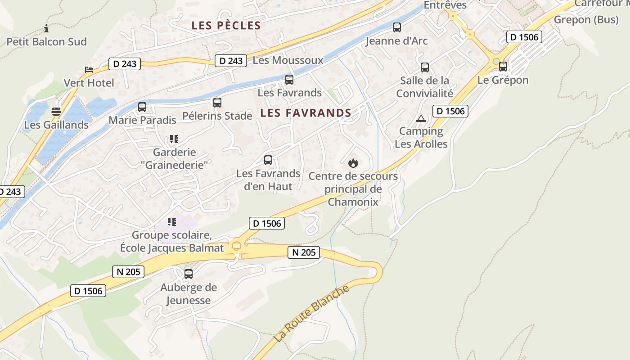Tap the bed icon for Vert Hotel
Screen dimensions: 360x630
(x=89, y=70)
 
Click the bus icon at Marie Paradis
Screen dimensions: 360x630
(x=142, y=107)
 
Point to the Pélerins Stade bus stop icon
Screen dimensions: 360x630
(x=217, y=103)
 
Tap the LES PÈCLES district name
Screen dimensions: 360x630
(x=226, y=26)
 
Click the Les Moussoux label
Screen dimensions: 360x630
(x=288, y=60)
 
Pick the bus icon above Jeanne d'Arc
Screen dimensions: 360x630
(x=397, y=27)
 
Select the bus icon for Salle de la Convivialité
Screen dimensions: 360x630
(x=425, y=67)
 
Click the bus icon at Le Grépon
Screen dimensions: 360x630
(x=503, y=67)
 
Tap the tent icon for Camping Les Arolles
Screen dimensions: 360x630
(x=421, y=118)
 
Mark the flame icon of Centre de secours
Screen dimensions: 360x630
(x=353, y=163)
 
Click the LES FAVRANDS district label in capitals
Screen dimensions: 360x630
(x=306, y=113)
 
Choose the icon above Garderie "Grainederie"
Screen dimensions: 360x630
(x=174, y=139)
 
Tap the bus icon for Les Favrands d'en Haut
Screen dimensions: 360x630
(x=268, y=160)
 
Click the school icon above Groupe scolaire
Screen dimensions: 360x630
(x=172, y=222)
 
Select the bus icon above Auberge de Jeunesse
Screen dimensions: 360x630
(x=189, y=274)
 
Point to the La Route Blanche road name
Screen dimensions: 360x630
(x=311, y=314)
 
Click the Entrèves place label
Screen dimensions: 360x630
(x=445, y=5)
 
